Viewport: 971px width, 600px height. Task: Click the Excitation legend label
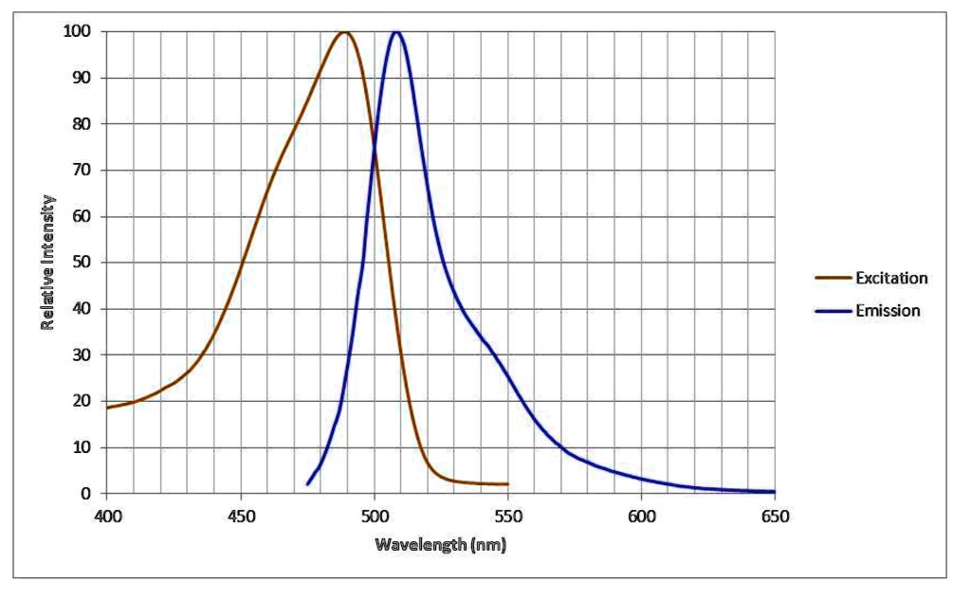pos(890,278)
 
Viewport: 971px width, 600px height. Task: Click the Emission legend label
pos(888,310)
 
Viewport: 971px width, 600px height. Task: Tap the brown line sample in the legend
pos(833,278)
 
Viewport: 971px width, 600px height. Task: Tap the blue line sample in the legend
pos(833,310)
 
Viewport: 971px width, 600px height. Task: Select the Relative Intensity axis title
pos(47,263)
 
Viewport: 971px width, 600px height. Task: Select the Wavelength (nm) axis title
pos(440,544)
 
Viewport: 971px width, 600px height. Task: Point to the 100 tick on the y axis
pos(81,31)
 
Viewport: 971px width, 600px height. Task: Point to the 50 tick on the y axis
pos(84,263)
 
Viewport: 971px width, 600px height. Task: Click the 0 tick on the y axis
pos(88,493)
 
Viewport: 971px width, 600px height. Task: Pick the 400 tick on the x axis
pos(106,516)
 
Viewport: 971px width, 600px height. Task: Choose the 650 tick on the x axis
pos(775,516)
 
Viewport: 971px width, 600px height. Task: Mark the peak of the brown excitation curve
pos(343,32)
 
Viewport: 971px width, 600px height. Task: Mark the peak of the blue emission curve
pos(396,32)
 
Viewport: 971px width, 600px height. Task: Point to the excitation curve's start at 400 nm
pos(107,408)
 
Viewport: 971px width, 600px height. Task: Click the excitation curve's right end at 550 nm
pos(507,483)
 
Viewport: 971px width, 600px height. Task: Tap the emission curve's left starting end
pos(307,484)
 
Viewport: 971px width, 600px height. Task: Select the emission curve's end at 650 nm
pos(774,491)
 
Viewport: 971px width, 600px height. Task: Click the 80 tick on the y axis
pos(84,124)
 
